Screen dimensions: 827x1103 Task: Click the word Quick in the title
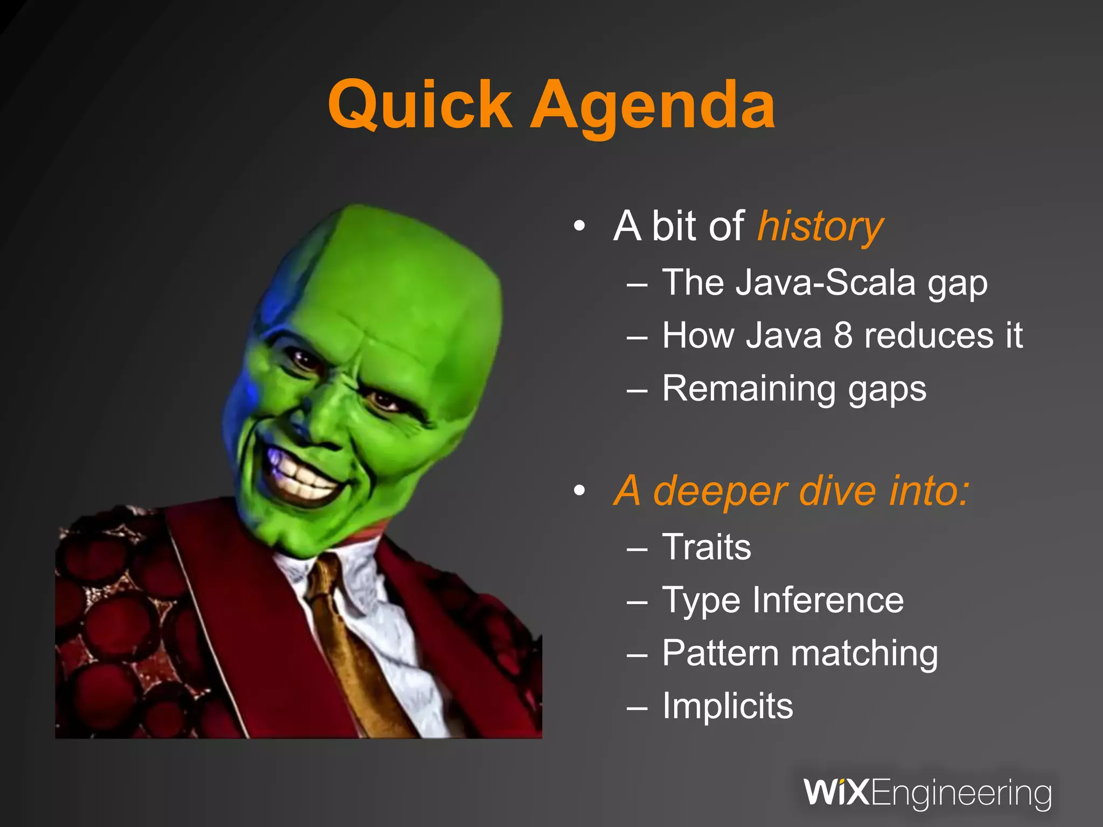tap(420, 105)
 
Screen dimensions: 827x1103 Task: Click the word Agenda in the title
tap(653, 105)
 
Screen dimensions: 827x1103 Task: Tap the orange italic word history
tap(820, 227)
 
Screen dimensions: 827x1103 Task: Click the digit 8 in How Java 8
tap(843, 335)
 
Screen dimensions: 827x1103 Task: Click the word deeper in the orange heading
tap(720, 491)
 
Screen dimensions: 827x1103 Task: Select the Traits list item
tap(706, 547)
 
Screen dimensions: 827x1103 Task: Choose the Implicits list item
tap(727, 706)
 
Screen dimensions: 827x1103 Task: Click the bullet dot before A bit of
tap(579, 226)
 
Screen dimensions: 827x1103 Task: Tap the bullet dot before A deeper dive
tap(579, 490)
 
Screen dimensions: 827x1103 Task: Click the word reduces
tap(927, 335)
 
